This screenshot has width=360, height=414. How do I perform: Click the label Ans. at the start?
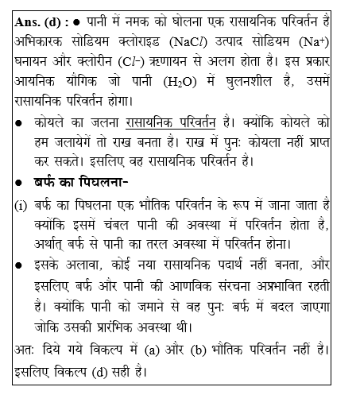tap(29, 22)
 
